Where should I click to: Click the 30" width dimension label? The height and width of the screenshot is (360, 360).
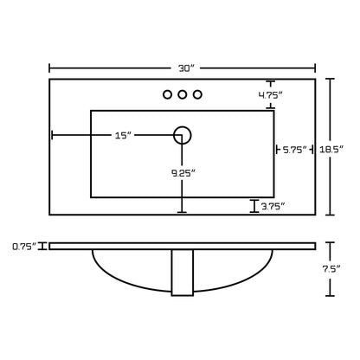pos(187,68)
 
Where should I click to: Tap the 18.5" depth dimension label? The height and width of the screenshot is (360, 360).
pos(332,149)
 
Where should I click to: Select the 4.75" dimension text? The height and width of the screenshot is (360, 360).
pos(270,95)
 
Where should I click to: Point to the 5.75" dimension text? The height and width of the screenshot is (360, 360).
pos(294,150)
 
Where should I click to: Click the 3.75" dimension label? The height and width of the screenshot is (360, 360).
pos(273,206)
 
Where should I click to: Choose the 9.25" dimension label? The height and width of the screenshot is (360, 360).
pos(183,173)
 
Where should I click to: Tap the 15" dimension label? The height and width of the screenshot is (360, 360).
pos(123,135)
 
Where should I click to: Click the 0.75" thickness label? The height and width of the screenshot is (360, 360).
pos(24,247)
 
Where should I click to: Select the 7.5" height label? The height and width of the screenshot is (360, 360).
pos(331,269)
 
